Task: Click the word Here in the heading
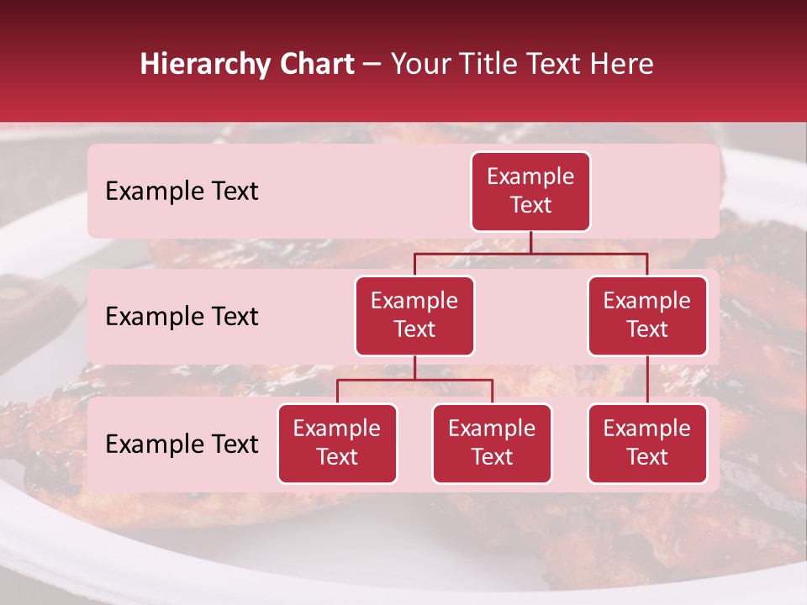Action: click(623, 65)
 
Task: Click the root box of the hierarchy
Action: click(530, 192)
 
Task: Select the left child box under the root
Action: click(414, 316)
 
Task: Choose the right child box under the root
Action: click(647, 316)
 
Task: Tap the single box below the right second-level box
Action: click(647, 444)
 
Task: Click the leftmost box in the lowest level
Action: click(337, 444)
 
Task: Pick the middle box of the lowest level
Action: click(492, 444)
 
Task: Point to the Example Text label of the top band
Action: click(182, 192)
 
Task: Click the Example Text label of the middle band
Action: click(182, 317)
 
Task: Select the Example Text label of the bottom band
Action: click(182, 445)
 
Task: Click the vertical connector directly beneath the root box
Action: click(530, 242)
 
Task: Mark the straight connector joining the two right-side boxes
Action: click(647, 380)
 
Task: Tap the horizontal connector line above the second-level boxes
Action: click(530, 253)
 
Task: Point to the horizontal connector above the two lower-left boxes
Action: click(414, 380)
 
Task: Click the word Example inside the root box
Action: click(530, 176)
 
